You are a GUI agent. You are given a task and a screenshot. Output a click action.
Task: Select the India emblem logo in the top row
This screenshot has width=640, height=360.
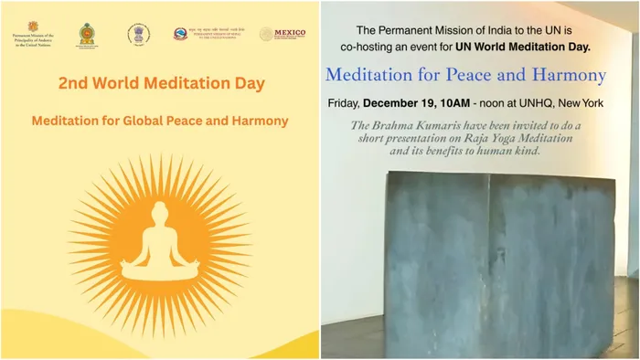point(138,34)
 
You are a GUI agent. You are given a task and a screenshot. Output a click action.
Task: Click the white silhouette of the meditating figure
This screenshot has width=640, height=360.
point(159,245)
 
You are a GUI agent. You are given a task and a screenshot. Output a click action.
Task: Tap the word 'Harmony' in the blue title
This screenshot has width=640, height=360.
point(564,75)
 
